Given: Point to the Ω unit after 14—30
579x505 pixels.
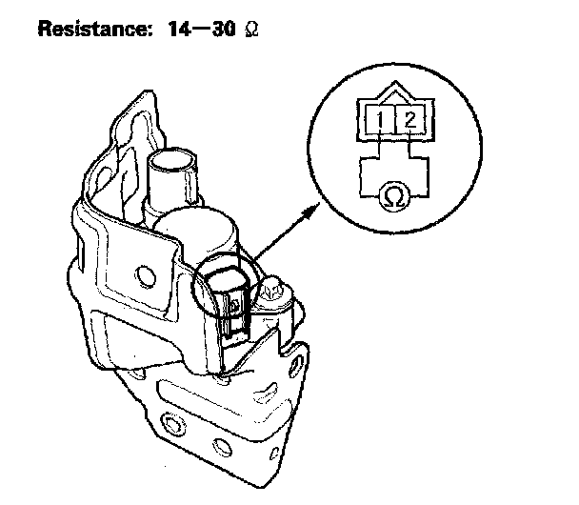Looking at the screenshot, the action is click(x=251, y=30).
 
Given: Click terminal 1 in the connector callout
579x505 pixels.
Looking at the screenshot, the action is click(x=379, y=121).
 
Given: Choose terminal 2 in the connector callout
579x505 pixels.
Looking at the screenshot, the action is click(x=409, y=121).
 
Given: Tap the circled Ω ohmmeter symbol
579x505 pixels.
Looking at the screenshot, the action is click(x=391, y=197).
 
